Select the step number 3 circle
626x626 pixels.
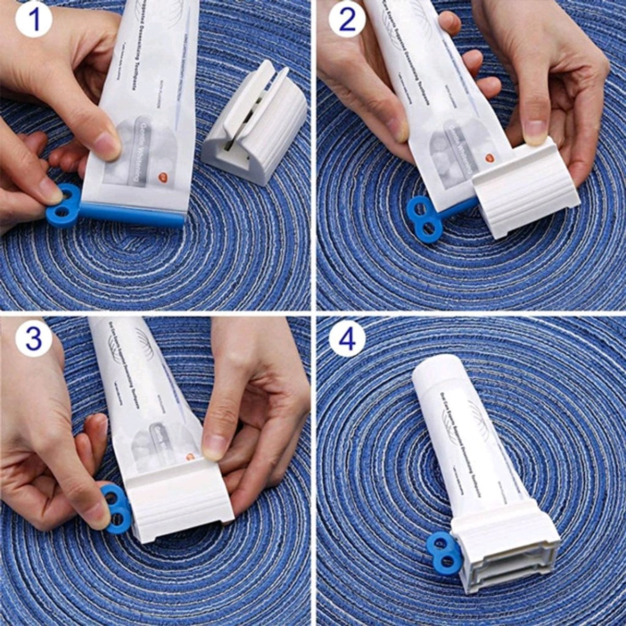click(33, 339)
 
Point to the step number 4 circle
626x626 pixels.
click(347, 339)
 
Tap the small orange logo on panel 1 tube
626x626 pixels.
click(163, 178)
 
